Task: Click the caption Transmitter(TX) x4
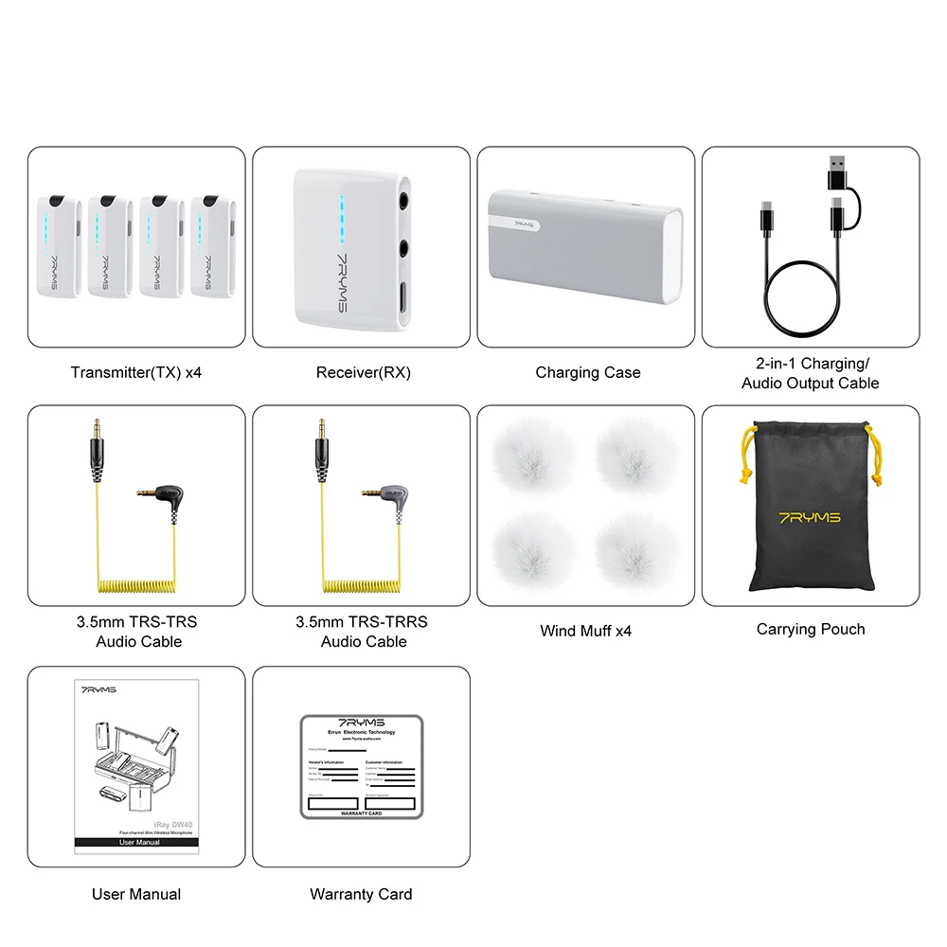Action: (x=135, y=372)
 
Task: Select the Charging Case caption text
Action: (x=587, y=372)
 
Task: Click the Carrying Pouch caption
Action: (x=811, y=629)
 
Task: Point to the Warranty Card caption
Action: (x=361, y=894)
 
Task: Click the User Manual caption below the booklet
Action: (x=135, y=894)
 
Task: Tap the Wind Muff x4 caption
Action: (x=585, y=631)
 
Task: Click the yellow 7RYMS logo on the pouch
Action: (x=809, y=518)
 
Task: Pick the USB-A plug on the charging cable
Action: (x=836, y=171)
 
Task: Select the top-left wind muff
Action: (x=535, y=456)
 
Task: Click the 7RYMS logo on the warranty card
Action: (x=360, y=723)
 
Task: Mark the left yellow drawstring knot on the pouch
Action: (x=748, y=471)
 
